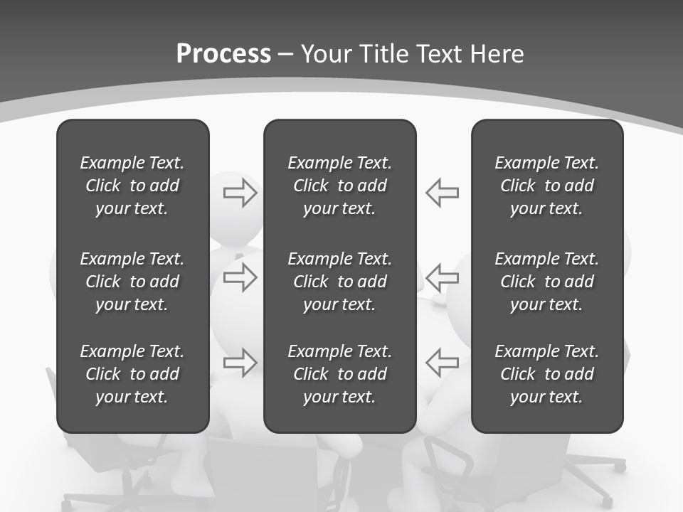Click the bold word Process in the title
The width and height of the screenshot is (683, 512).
coord(223,54)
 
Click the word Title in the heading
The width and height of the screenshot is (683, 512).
coord(383,54)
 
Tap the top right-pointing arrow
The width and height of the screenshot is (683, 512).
coord(240,192)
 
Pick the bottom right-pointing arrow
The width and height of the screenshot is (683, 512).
coord(240,363)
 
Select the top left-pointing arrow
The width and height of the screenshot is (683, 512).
coord(442,192)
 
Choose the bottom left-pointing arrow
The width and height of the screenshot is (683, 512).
coord(442,363)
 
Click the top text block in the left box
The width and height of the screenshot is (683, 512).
coord(132,186)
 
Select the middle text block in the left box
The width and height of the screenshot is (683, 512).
coord(132,282)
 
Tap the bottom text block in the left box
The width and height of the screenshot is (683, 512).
coord(132,374)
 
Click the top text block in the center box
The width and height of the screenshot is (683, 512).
coord(339,186)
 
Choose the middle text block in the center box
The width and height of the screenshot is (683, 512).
coord(339,282)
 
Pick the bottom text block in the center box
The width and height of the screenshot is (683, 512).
coord(339,374)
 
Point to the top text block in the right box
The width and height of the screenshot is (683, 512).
coord(546,186)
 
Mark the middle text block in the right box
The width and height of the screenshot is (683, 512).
coord(546,282)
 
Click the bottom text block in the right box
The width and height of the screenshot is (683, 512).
coord(546,374)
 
